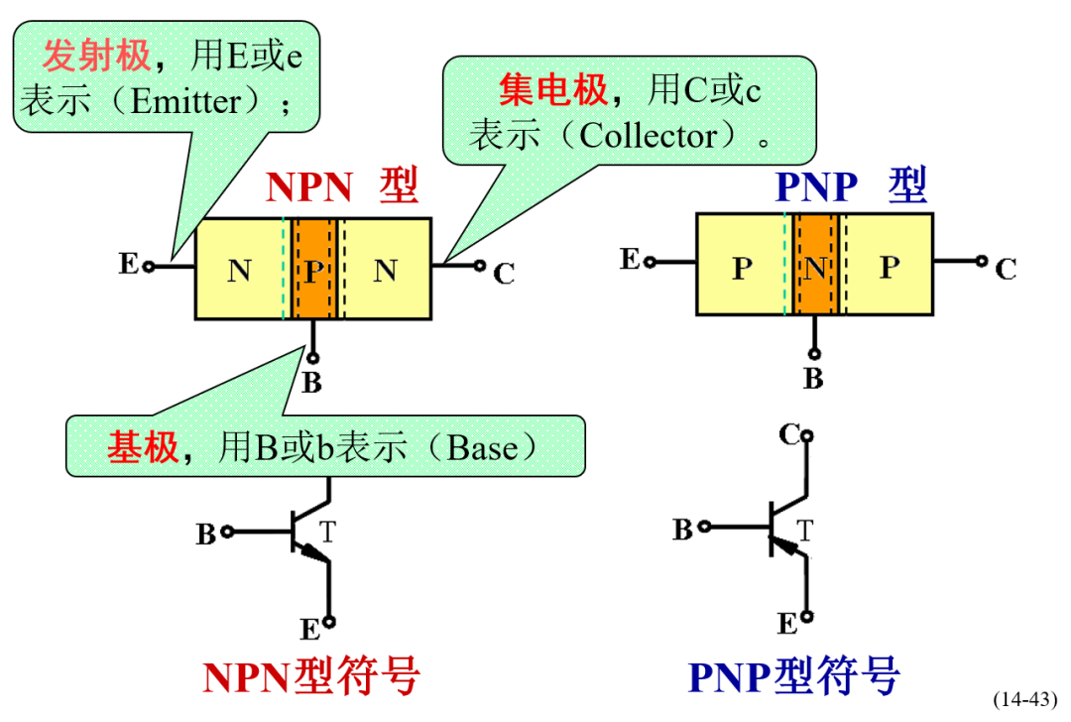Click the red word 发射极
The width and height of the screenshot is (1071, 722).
coord(96,57)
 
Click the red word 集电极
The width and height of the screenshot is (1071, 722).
coord(552,92)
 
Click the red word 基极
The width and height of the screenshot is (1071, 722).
coord(143,448)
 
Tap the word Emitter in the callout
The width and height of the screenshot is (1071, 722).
coord(185,101)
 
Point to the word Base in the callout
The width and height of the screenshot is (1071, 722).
coord(482,448)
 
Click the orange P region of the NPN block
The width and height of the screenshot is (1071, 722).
coord(313,269)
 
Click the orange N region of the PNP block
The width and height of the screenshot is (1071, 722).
coord(815,265)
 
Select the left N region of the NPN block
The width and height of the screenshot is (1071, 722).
coord(239,269)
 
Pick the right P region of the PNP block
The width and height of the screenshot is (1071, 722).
coord(890,265)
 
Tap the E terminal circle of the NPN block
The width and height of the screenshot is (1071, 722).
coord(148,266)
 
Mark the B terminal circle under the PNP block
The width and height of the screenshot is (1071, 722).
coord(814,354)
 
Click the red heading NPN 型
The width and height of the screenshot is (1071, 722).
coord(342,186)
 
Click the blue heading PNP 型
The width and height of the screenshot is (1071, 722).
coord(850,184)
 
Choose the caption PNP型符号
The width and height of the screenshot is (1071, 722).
coord(794,676)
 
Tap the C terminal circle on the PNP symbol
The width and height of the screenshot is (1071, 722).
coord(808,435)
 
